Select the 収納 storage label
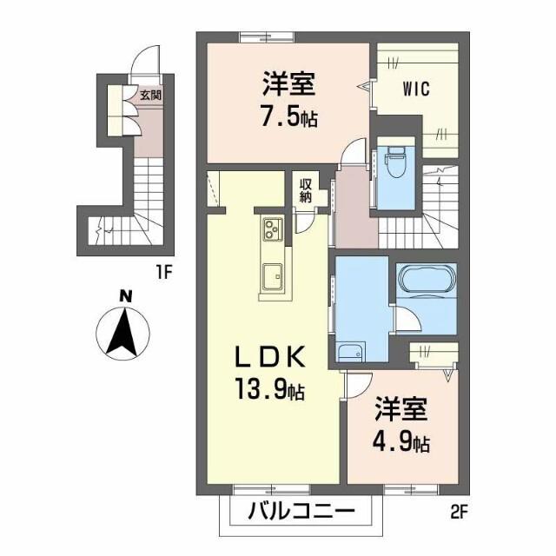click(x=307, y=190)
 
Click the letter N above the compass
click(x=126, y=297)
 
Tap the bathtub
click(x=424, y=282)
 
